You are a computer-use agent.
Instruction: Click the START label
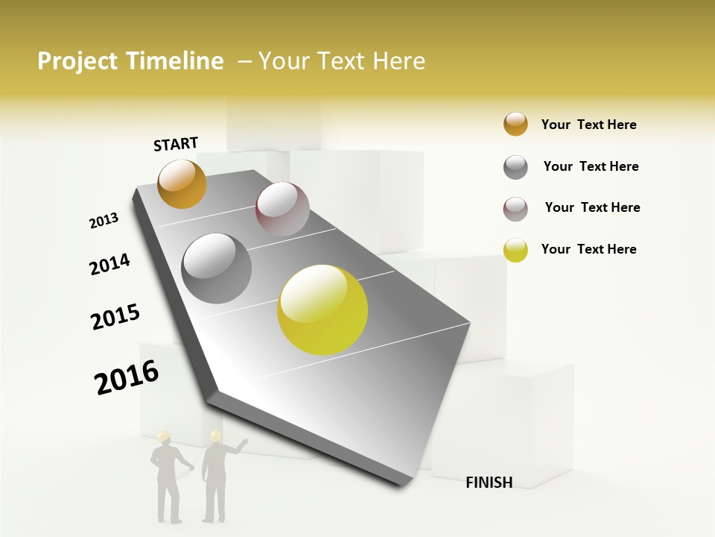point(176,144)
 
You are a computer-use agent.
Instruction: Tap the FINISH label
point(489,483)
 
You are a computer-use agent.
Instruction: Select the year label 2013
point(104,221)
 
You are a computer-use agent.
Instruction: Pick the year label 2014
point(109,264)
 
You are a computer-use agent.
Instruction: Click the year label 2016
point(127,377)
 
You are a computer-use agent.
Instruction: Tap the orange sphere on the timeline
point(182,183)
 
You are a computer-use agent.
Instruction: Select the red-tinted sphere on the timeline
point(282,208)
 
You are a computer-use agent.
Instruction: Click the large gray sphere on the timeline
point(217,268)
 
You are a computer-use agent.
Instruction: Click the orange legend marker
point(515,125)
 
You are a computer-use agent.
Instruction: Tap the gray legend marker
point(515,167)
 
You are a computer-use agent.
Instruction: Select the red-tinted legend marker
point(515,208)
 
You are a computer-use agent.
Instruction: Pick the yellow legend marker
point(515,250)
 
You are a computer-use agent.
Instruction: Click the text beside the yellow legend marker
point(588,249)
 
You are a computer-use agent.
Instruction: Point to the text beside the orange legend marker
point(588,125)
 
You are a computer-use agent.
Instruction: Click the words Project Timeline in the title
point(130,61)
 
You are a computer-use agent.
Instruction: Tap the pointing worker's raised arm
point(238,445)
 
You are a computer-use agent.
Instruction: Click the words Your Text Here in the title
point(342,61)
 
